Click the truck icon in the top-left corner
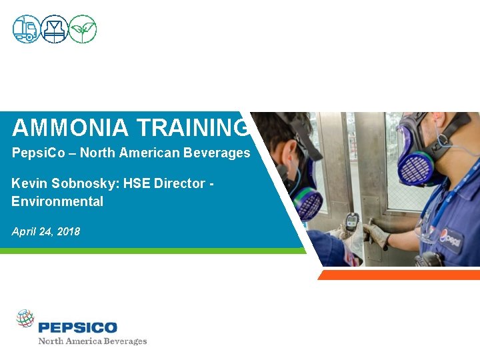(x=27, y=29)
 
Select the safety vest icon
(x=55, y=29)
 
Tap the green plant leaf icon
(x=83, y=29)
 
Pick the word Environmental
(x=57, y=201)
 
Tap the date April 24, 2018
(x=46, y=231)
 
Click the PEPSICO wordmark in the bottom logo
(x=78, y=327)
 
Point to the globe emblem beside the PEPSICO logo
(x=25, y=319)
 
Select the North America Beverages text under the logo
(x=92, y=341)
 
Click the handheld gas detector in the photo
(x=352, y=222)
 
